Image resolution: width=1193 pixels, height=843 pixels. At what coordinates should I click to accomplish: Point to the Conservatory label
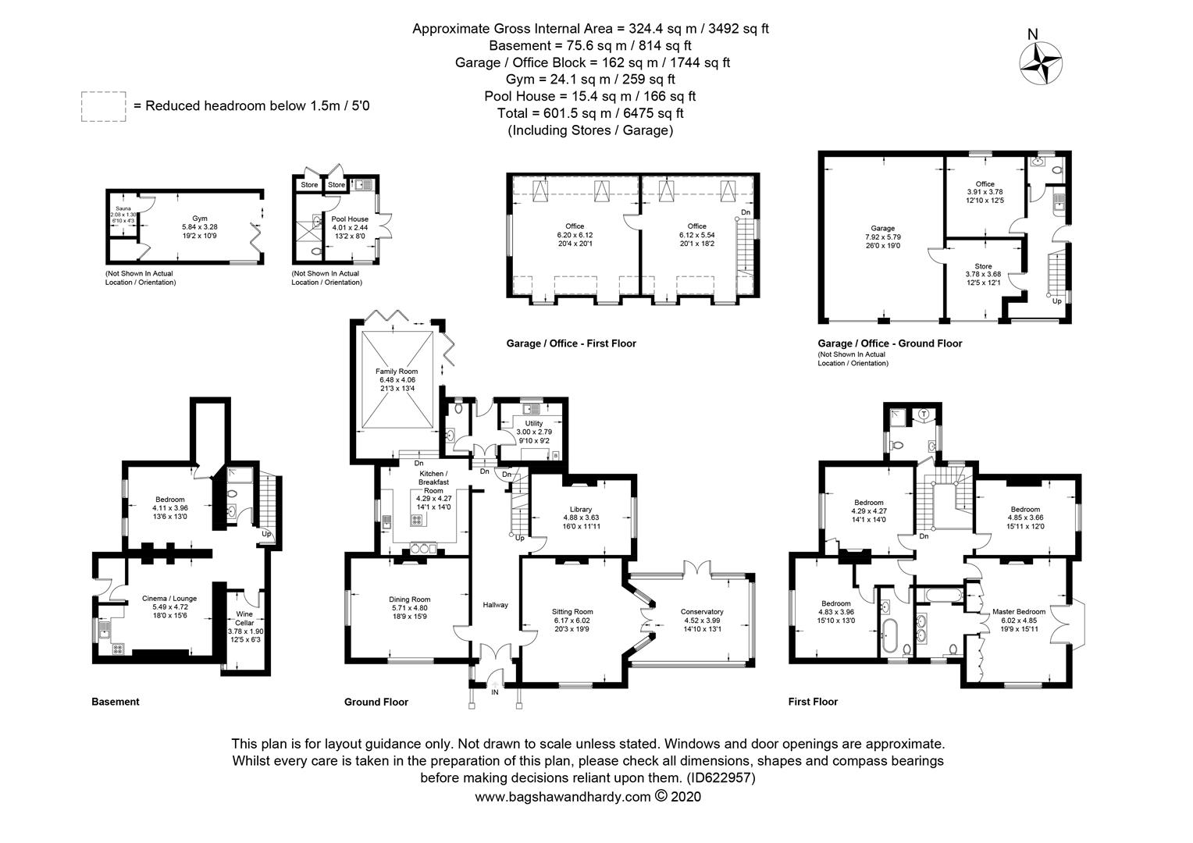tap(702, 611)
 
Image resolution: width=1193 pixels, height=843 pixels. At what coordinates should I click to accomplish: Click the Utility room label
tap(534, 423)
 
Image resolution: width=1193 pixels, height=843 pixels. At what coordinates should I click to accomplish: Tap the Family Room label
tap(397, 371)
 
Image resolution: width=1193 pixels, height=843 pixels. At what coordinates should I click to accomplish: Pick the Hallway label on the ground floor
tap(495, 605)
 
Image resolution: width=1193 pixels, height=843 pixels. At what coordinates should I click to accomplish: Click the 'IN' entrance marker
tap(494, 692)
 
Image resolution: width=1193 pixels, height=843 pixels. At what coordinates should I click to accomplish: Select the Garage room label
tap(883, 228)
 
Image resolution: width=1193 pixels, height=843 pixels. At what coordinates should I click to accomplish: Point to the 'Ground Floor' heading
tap(376, 702)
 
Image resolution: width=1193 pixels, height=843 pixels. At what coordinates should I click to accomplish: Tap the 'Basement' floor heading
tap(116, 702)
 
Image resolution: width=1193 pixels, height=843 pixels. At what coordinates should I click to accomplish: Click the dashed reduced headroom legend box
tap(103, 106)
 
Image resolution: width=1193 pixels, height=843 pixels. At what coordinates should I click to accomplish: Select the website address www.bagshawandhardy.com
tap(562, 797)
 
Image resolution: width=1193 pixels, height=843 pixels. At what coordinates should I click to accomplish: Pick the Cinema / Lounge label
tap(169, 598)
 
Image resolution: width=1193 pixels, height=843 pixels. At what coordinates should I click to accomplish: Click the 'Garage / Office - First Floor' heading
tap(571, 343)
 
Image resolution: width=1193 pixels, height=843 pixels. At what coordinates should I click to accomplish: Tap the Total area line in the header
tap(590, 113)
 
